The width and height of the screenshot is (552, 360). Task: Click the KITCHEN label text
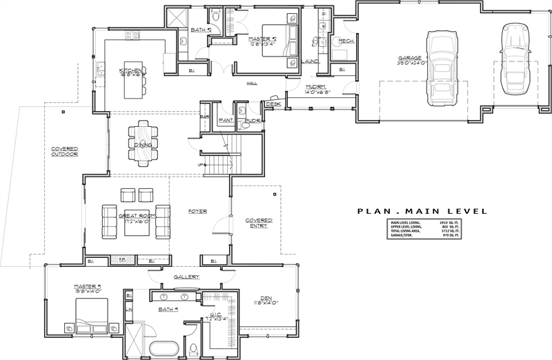pyautogui.click(x=130, y=70)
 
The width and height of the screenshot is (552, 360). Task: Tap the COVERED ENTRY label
pyautogui.click(x=259, y=224)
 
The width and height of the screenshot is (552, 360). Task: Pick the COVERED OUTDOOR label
pyautogui.click(x=63, y=152)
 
